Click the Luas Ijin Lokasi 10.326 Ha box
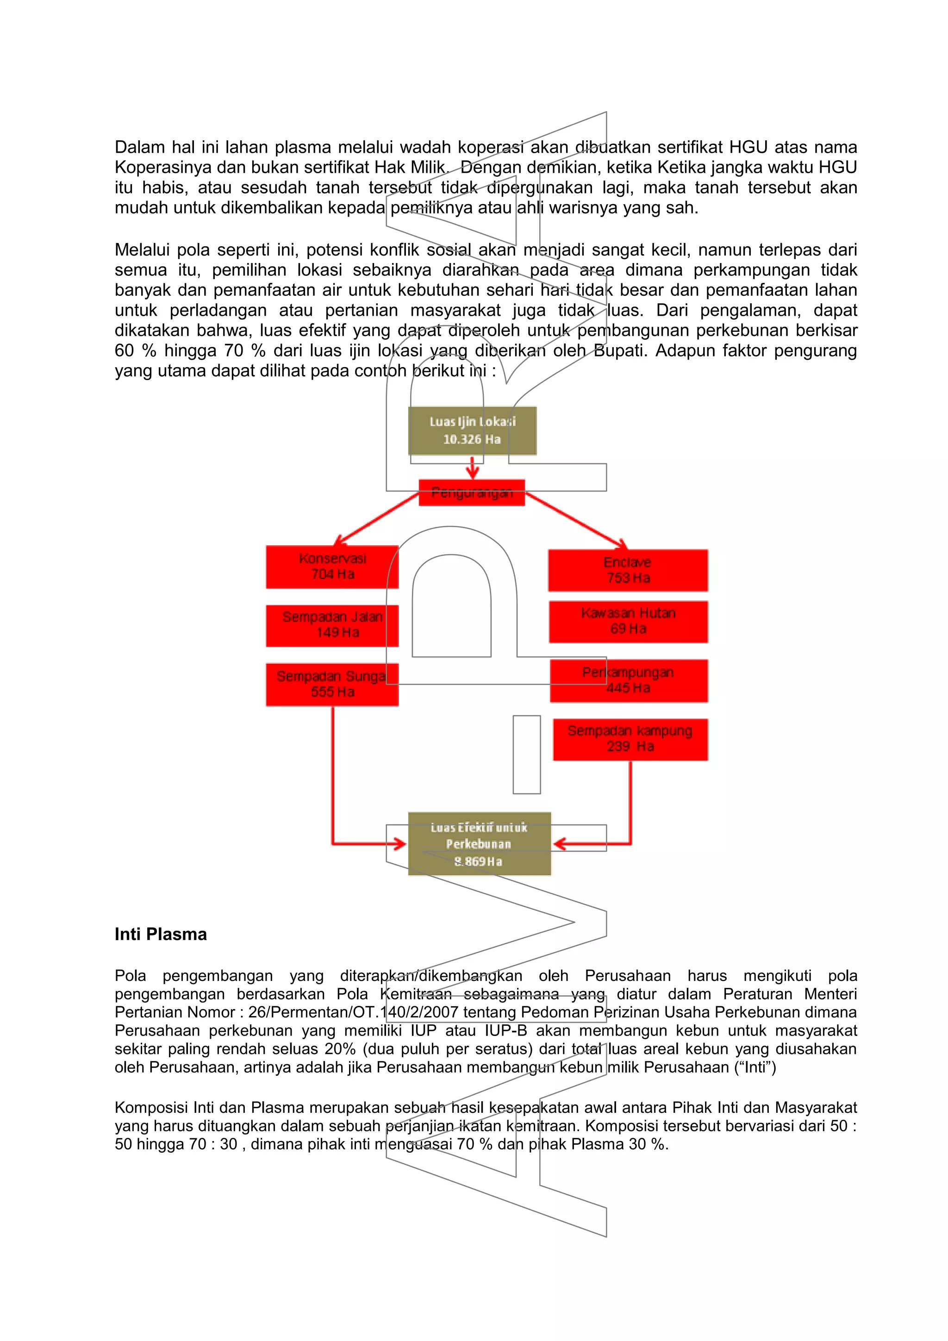(x=472, y=431)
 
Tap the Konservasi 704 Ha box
(x=332, y=567)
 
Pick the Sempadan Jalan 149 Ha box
(x=332, y=625)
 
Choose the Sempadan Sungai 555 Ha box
(x=332, y=684)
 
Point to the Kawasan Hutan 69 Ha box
(x=628, y=622)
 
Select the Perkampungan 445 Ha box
(x=629, y=680)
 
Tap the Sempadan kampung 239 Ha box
(x=630, y=739)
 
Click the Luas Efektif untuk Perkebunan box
(x=479, y=843)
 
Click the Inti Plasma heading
(x=161, y=934)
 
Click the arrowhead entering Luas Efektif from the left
(x=399, y=843)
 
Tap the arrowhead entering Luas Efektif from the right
(x=560, y=843)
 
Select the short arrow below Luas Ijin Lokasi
(x=473, y=467)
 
